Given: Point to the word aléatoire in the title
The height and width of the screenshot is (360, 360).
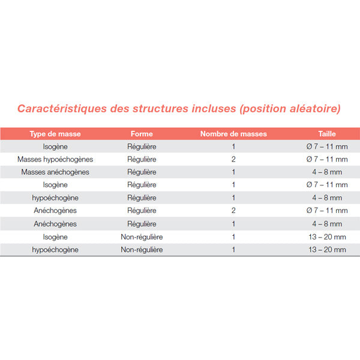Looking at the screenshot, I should [x=311, y=109].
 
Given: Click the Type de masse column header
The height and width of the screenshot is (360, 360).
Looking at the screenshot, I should [x=55, y=134].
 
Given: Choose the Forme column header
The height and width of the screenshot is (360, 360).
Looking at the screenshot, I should [x=142, y=134].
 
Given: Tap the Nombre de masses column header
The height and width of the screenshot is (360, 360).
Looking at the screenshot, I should [x=233, y=134].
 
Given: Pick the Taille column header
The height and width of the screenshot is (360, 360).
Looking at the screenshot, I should [x=327, y=134].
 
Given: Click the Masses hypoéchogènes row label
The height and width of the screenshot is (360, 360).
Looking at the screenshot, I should [x=55, y=160].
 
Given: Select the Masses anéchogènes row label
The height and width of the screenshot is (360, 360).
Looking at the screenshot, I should [x=55, y=172].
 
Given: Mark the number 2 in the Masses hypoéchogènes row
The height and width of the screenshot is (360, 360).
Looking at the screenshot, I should [x=233, y=160].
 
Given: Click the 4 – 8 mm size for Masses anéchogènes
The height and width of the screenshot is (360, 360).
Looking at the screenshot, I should [x=327, y=172].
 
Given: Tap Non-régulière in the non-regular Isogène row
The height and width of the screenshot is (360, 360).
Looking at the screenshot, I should [x=142, y=237].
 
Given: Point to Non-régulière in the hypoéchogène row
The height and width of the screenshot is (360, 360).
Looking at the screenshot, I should [x=142, y=250].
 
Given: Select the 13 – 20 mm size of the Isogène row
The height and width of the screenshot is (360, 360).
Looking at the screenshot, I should [x=327, y=237].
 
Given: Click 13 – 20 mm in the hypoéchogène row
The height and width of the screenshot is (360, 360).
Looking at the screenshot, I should [x=327, y=250].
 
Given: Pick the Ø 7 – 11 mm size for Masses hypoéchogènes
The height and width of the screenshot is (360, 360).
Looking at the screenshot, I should [x=327, y=160].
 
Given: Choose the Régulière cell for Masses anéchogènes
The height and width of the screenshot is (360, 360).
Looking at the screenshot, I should [x=142, y=172].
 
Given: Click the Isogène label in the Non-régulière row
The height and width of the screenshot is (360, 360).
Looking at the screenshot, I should [x=55, y=237].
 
